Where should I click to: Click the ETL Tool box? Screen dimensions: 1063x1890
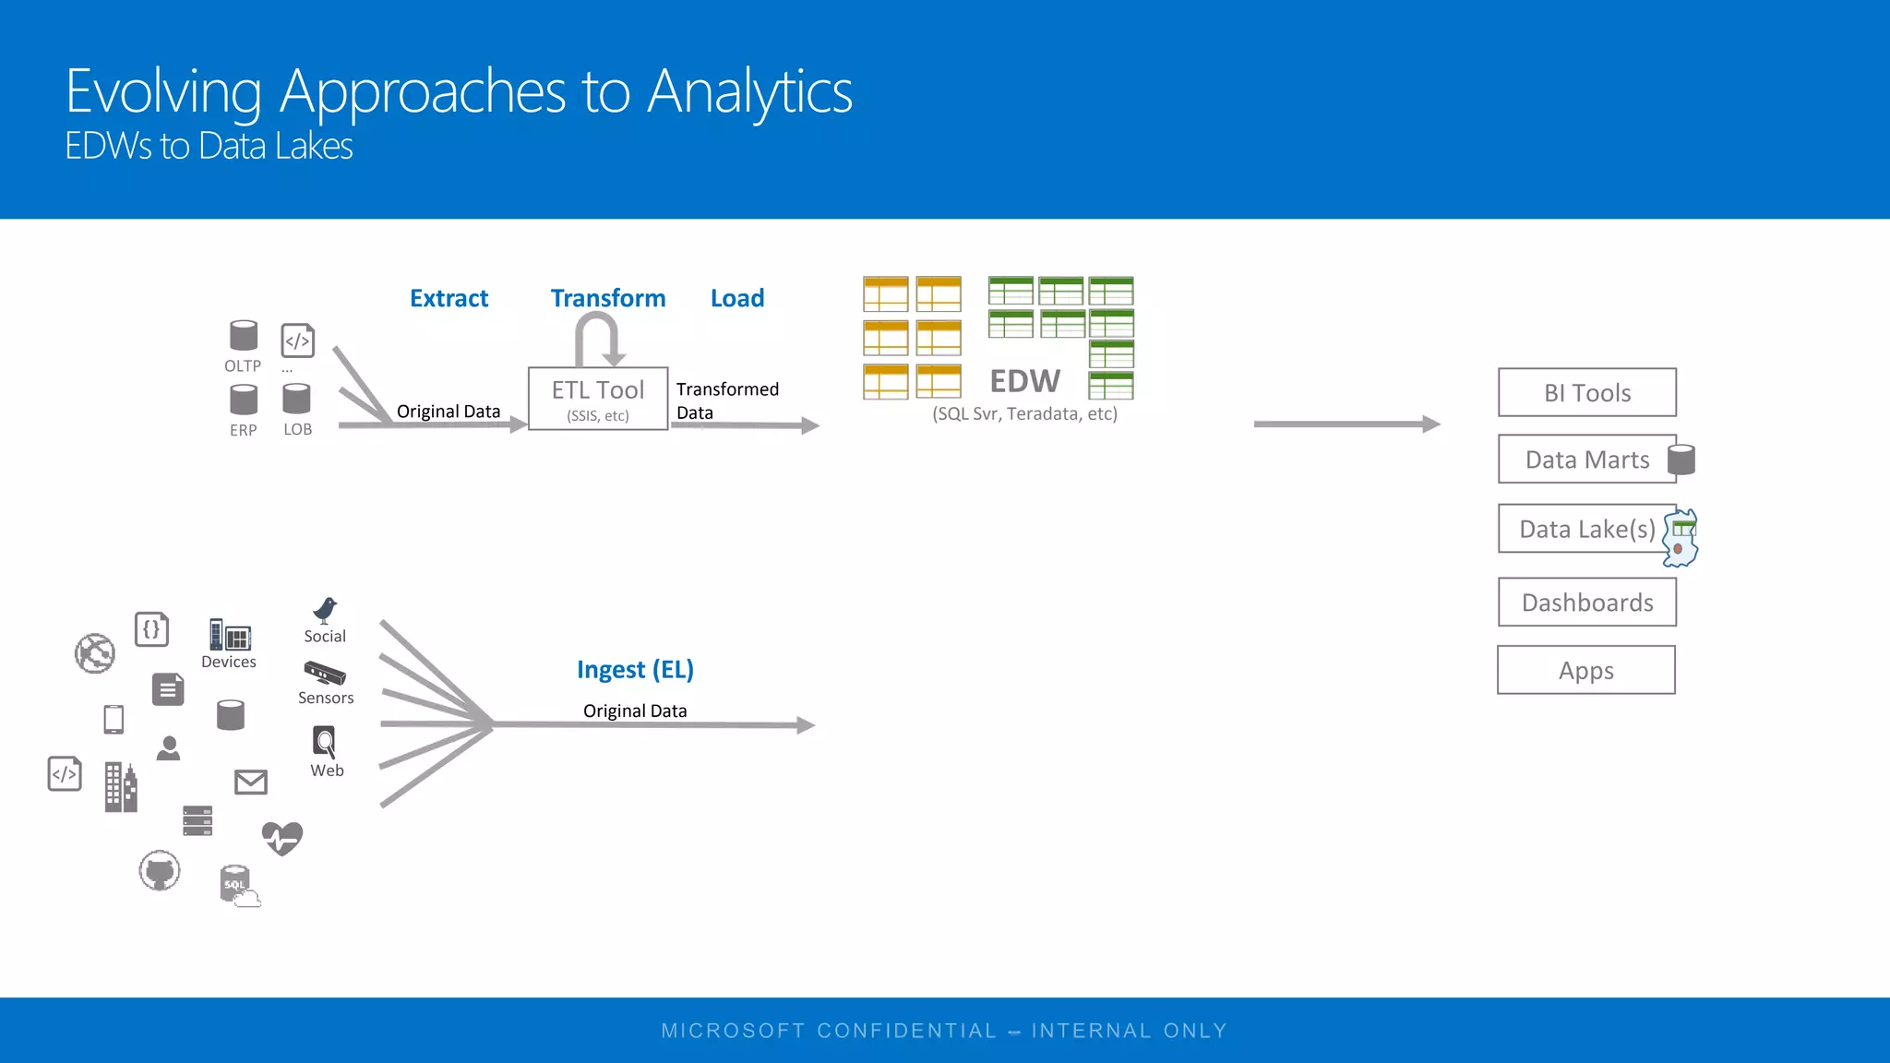coord(598,399)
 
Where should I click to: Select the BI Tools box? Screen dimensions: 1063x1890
coord(1586,393)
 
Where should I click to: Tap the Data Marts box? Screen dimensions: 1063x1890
coord(1586,460)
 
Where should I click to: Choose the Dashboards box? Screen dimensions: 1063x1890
coord(1586,603)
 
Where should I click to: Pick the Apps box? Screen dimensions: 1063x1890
coord(1585,670)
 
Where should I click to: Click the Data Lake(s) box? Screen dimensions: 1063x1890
coord(1586,529)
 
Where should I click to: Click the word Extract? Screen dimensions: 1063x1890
coord(449,298)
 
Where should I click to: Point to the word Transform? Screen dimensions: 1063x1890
coord(607,298)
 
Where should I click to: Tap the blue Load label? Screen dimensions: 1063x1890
coord(736,298)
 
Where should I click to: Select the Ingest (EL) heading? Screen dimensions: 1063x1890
coord(635,669)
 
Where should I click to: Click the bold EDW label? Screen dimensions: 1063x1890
coord(1024,381)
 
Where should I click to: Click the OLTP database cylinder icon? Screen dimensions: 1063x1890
coord(244,336)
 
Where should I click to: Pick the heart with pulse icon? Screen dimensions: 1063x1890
coord(281,838)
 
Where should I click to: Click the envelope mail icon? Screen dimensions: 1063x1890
coord(250,782)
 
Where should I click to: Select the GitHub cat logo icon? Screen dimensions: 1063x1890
coord(160,870)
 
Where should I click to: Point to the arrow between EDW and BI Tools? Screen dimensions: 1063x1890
coord(1346,424)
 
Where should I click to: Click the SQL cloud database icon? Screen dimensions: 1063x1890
coord(238,886)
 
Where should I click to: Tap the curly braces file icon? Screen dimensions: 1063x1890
coord(151,629)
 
